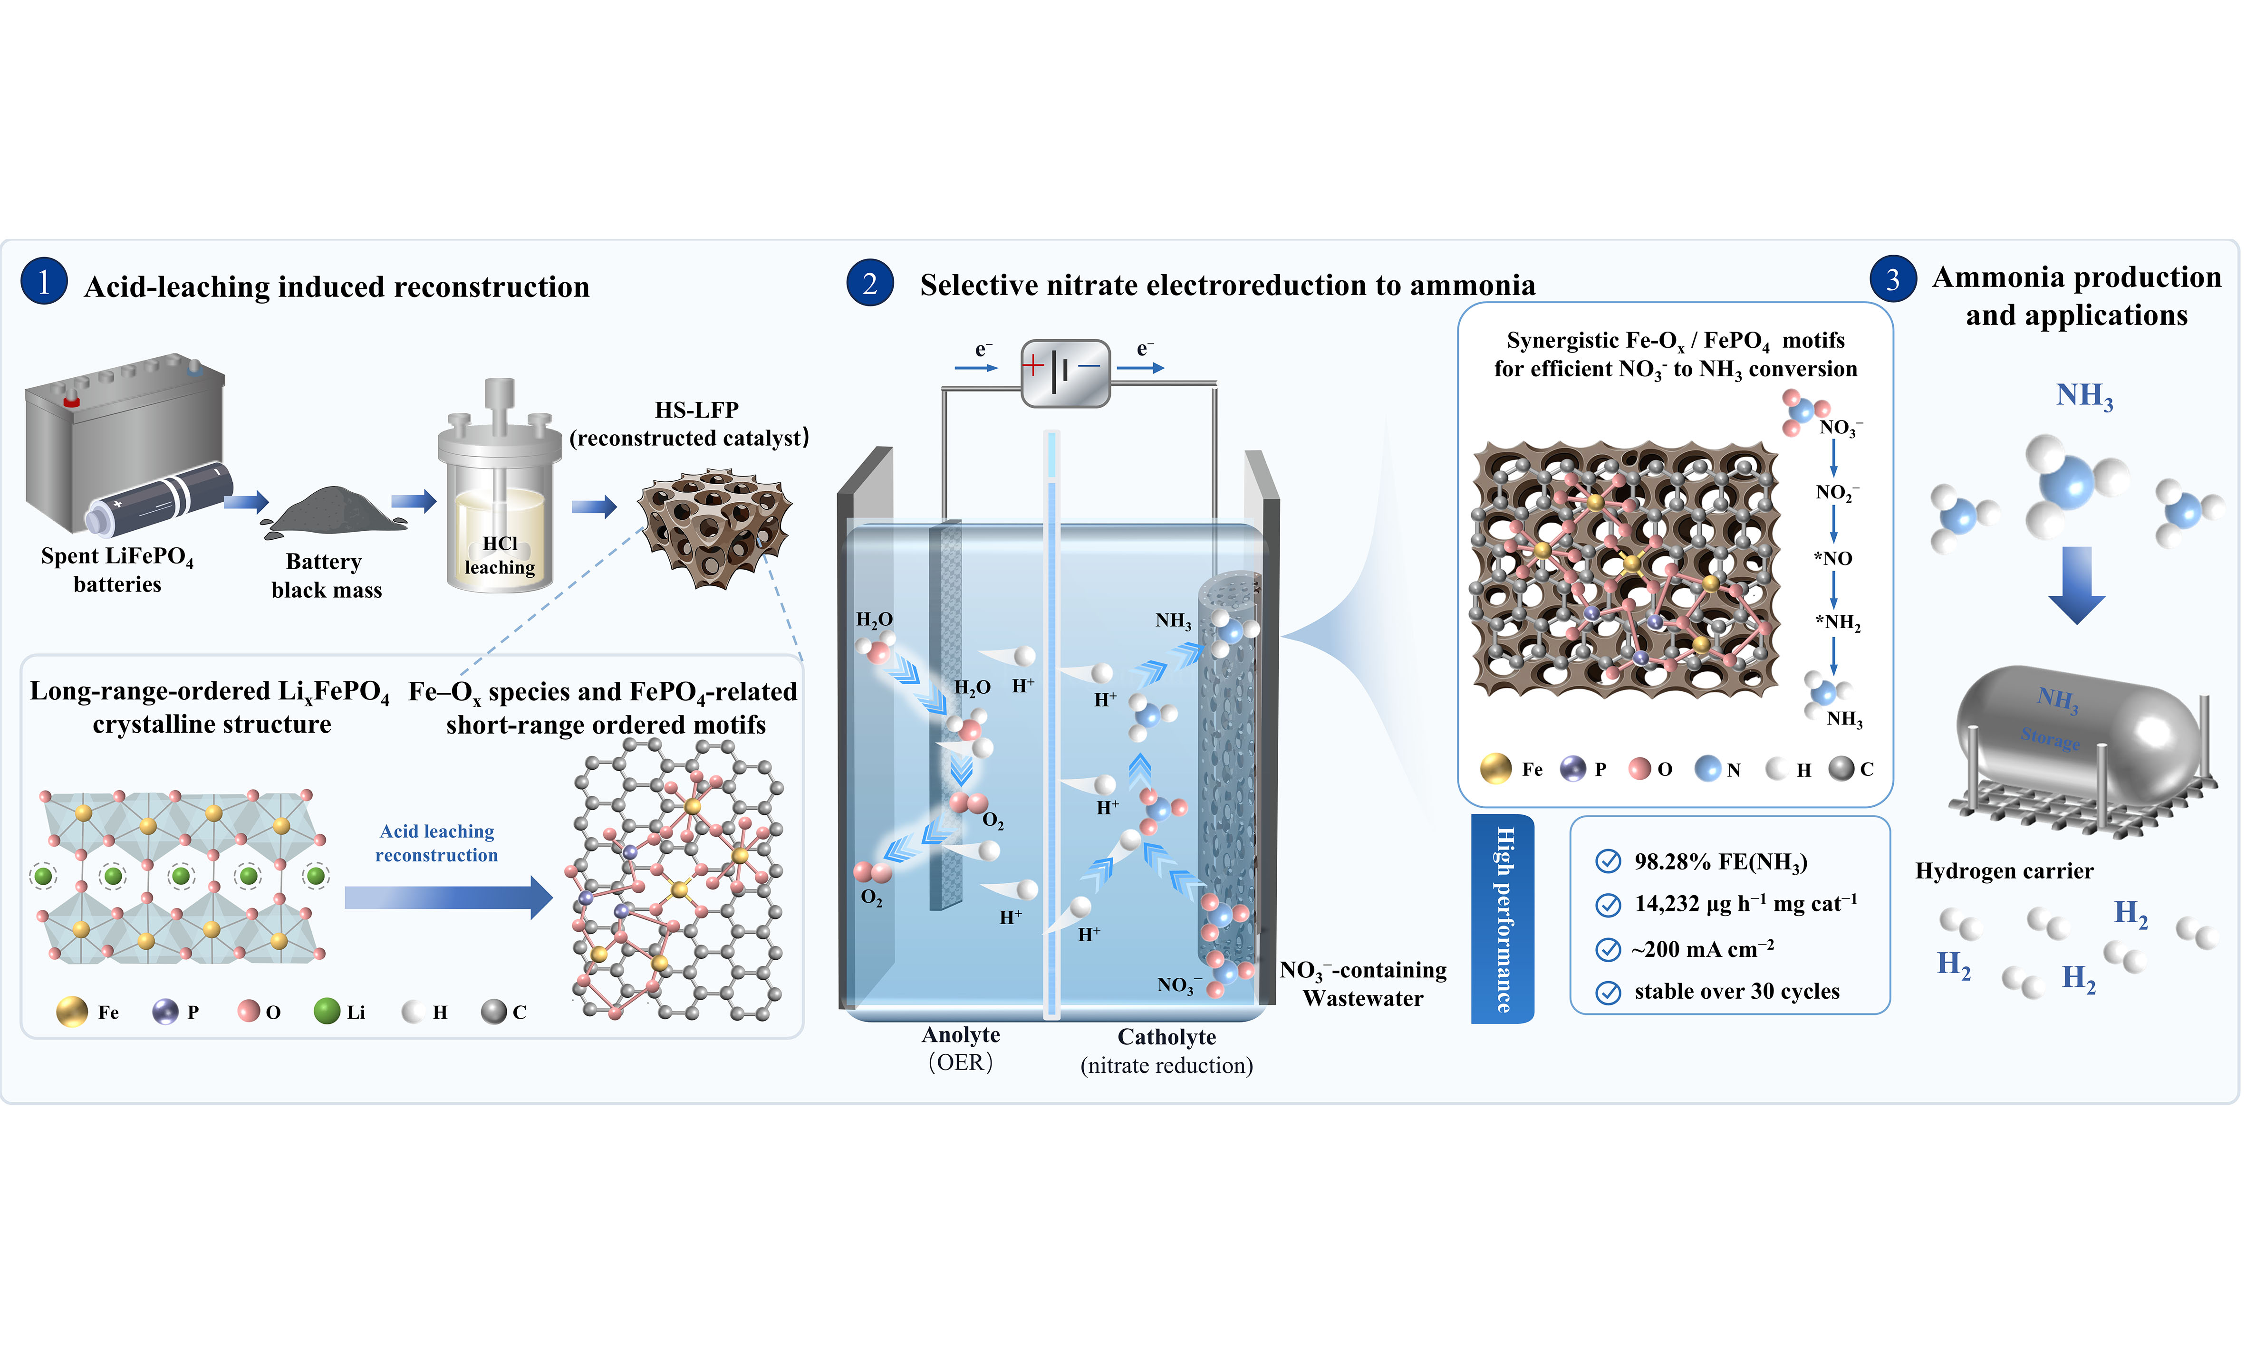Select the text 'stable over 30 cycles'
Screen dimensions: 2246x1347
click(x=1737, y=991)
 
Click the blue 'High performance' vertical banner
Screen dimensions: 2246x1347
click(x=1503, y=918)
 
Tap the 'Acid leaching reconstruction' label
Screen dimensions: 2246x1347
click(x=437, y=843)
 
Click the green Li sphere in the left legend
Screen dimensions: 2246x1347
click(x=327, y=1011)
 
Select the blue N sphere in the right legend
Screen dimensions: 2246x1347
click(x=1707, y=769)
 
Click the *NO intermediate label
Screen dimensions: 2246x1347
click(x=1833, y=558)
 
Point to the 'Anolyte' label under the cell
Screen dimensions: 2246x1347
click(x=961, y=1035)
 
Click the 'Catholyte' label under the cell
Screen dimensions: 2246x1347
click(x=1166, y=1037)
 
